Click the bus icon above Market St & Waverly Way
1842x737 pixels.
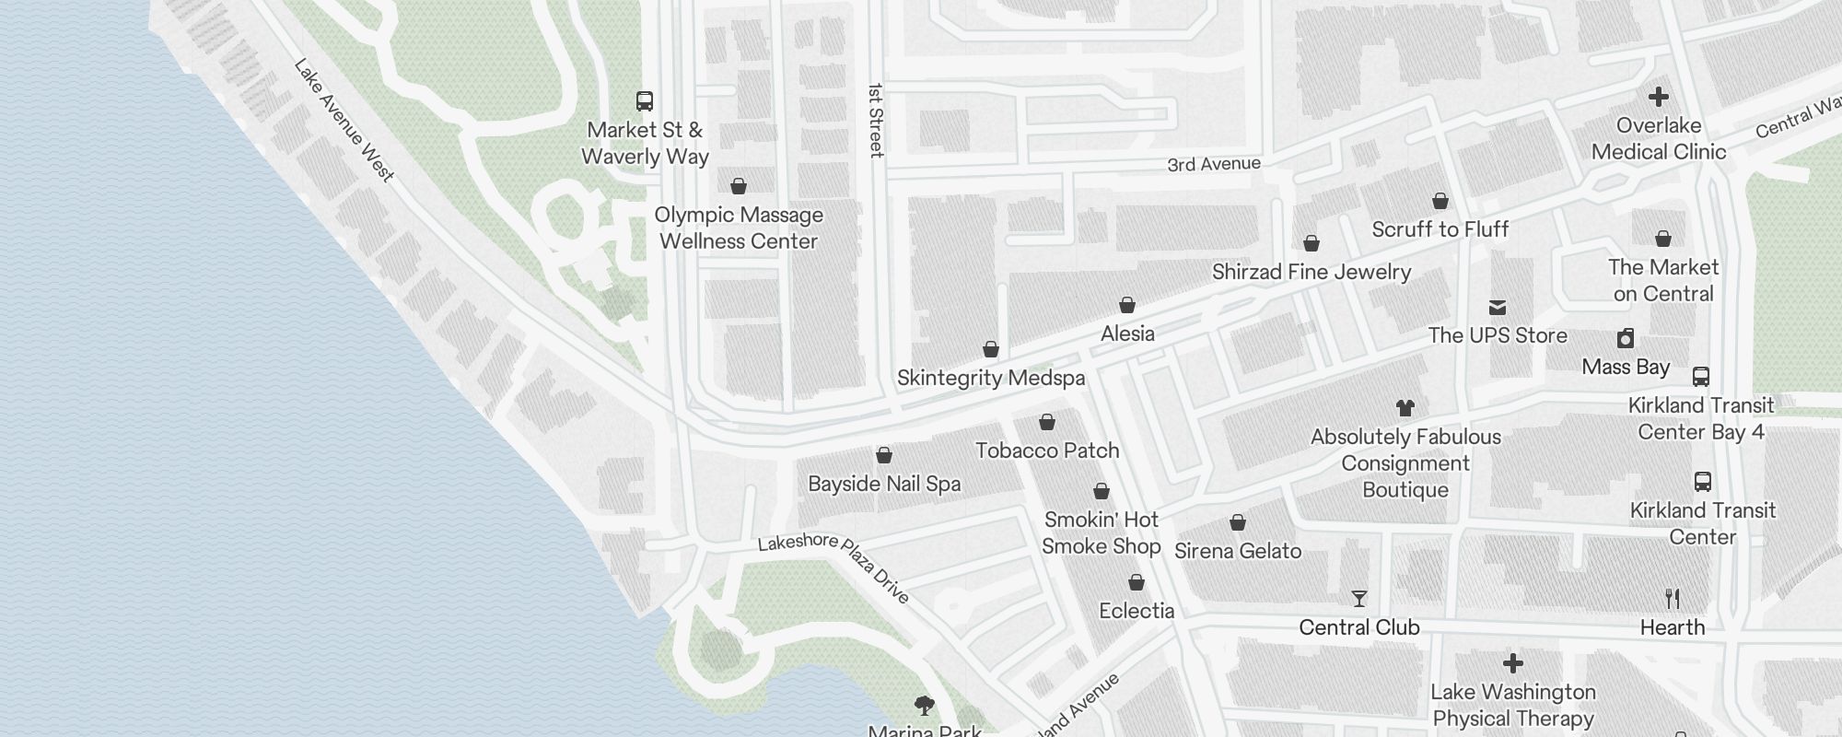coord(645,100)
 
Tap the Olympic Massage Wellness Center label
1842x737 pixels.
coord(739,228)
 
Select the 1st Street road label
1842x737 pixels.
coord(876,120)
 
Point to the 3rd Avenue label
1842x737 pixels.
coord(1214,164)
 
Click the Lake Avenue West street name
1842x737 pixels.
coord(344,120)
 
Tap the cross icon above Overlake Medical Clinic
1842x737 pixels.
coord(1659,97)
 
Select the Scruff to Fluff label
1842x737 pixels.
coord(1440,229)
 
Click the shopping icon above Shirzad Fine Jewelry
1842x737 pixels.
coord(1312,243)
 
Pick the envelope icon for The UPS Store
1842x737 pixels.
coord(1498,308)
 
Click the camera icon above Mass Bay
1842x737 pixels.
coord(1626,338)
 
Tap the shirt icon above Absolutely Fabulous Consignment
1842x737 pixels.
coord(1405,407)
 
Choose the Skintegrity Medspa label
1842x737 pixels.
coord(991,378)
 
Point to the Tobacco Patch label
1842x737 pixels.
coord(1047,450)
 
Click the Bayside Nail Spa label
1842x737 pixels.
coord(884,484)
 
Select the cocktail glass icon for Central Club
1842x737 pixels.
coord(1359,599)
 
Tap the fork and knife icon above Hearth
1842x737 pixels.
coord(1673,599)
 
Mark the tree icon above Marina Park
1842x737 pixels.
coord(925,706)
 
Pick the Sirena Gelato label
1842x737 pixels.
coord(1238,551)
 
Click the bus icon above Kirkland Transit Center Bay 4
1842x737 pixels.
coord(1701,377)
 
